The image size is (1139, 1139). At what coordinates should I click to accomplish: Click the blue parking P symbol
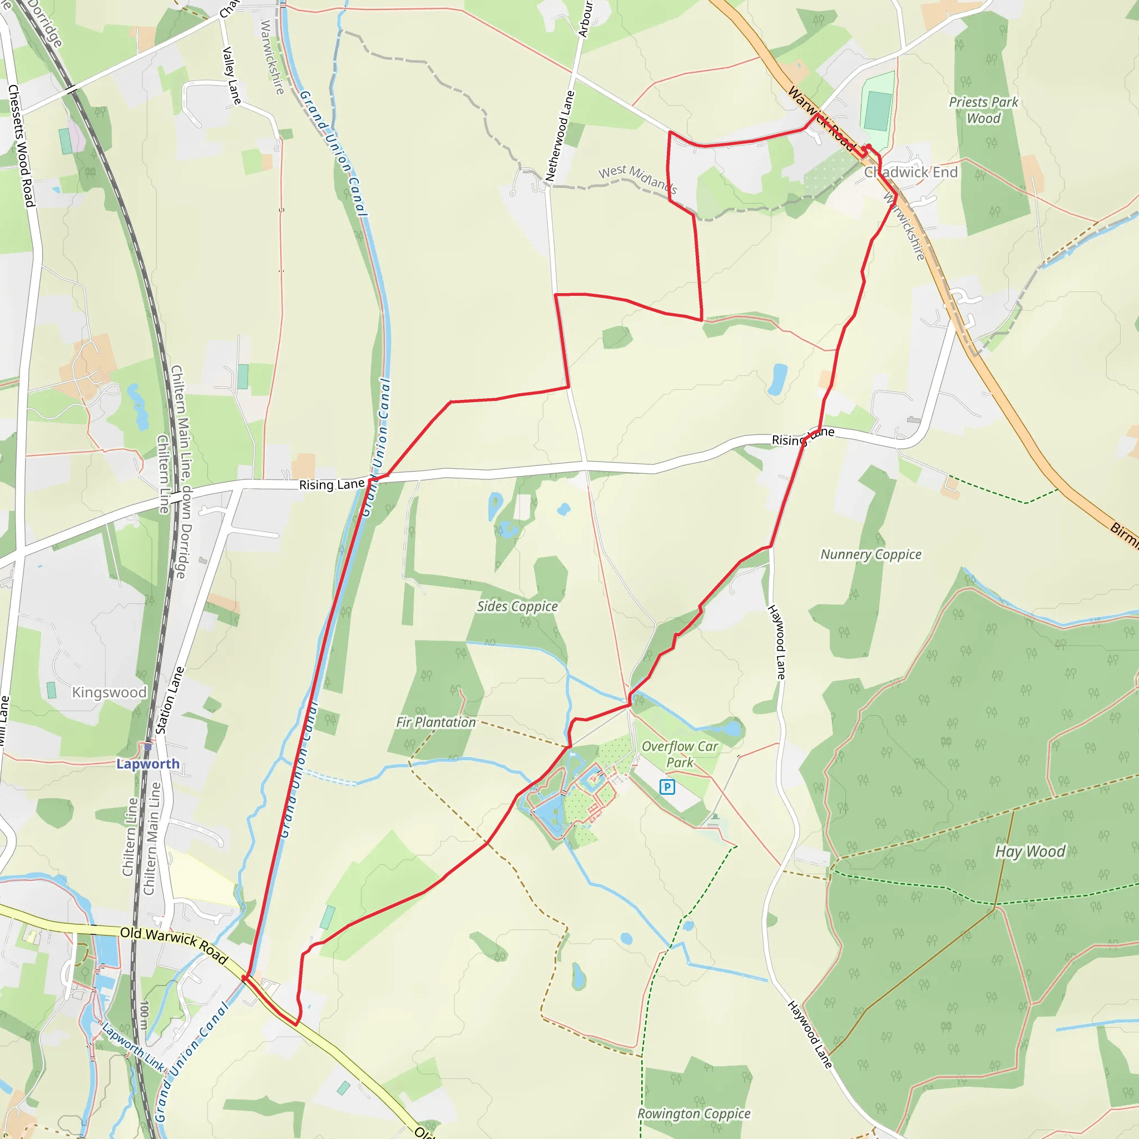click(667, 786)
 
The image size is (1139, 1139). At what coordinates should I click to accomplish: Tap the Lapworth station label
click(148, 764)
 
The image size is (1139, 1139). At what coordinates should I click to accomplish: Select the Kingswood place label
click(109, 692)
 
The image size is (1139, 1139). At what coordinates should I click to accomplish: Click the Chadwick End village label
click(911, 172)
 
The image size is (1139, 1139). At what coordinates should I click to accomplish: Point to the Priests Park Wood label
click(983, 110)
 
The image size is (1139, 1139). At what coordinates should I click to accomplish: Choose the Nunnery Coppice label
click(871, 554)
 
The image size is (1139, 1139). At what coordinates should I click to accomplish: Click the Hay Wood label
click(1031, 851)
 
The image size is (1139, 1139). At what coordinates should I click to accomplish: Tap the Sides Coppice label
click(517, 606)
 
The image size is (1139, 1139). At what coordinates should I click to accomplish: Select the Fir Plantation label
click(435, 722)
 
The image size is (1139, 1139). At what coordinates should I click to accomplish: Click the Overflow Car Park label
click(680, 754)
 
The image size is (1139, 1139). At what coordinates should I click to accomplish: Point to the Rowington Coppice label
click(694, 1113)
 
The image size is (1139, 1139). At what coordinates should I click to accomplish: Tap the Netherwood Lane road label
click(559, 136)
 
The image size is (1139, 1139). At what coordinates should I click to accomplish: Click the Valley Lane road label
click(231, 76)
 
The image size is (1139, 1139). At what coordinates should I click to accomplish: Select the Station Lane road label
click(170, 700)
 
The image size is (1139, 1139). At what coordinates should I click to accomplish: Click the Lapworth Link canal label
click(133, 1047)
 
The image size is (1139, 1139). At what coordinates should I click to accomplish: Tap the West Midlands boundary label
click(638, 179)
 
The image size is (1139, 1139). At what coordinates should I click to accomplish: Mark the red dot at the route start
click(868, 147)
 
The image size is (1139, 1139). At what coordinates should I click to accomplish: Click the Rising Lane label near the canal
click(332, 484)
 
